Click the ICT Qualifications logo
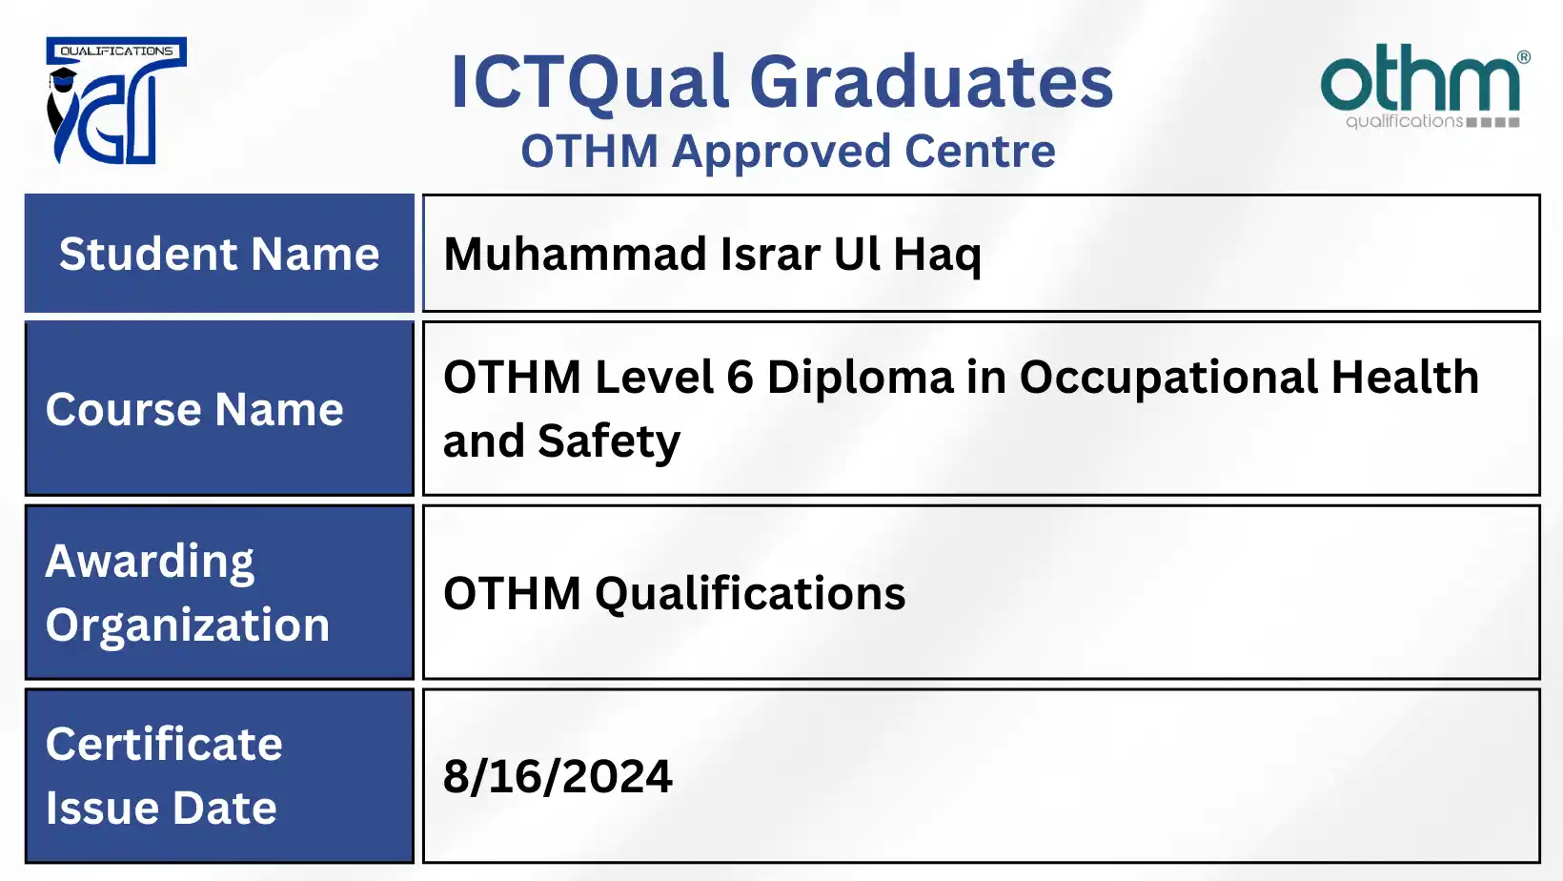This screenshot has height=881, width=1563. pyautogui.click(x=115, y=101)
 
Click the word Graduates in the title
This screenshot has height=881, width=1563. pyautogui.click(x=931, y=82)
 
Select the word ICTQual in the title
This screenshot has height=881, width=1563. pyautogui.click(x=590, y=82)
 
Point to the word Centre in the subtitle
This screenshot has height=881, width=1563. pyautogui.click(x=980, y=152)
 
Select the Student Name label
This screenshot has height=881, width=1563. pyautogui.click(x=219, y=254)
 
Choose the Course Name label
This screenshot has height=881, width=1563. pyautogui.click(x=194, y=409)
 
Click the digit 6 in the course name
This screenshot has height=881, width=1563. pyautogui.click(x=740, y=378)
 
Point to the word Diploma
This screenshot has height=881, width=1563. pyautogui.click(x=860, y=379)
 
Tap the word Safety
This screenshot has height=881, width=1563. pyautogui.click(x=609, y=442)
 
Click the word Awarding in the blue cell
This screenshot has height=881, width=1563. pyautogui.click(x=150, y=562)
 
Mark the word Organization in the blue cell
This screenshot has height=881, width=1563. pyautogui.click(x=187, y=626)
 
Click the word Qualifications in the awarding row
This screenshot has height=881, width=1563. pyautogui.click(x=750, y=595)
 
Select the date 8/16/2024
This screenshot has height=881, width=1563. pyautogui.click(x=558, y=776)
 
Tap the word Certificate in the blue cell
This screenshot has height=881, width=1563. pyautogui.click(x=164, y=744)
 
